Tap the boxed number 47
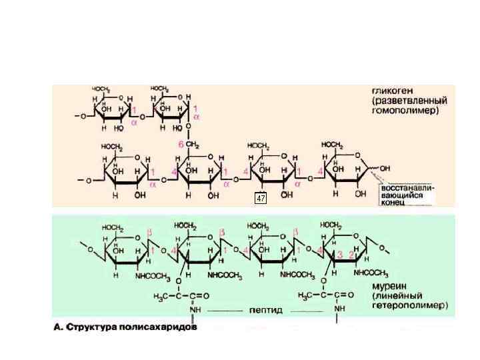point(261,198)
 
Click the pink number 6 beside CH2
point(179,144)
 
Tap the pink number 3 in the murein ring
point(341,255)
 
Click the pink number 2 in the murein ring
point(351,255)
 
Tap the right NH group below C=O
point(339,309)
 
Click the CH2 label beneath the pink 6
point(193,144)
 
